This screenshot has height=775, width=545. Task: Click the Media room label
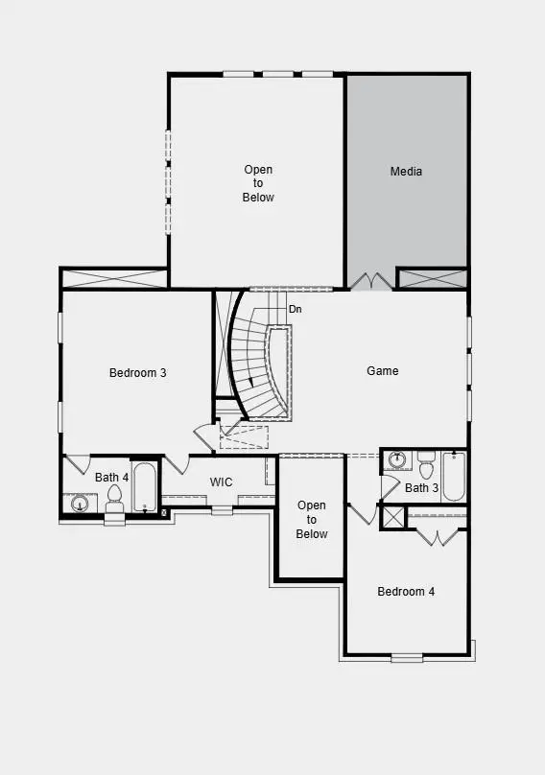click(406, 172)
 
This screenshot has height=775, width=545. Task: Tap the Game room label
click(383, 371)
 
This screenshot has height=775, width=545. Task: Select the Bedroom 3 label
click(138, 373)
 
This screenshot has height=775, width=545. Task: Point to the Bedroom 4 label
click(406, 592)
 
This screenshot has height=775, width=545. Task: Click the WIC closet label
click(222, 481)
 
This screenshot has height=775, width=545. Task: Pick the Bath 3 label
click(421, 488)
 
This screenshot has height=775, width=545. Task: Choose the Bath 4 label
click(111, 477)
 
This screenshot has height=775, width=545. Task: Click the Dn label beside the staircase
click(296, 310)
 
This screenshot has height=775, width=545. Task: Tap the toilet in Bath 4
click(115, 497)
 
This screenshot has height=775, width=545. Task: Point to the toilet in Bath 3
click(426, 465)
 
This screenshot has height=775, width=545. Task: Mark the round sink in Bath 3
click(396, 460)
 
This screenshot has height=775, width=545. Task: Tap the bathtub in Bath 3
click(454, 475)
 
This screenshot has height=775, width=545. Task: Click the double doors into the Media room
click(370, 281)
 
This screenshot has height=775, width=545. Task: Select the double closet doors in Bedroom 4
click(437, 536)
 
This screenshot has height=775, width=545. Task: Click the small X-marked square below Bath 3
click(392, 517)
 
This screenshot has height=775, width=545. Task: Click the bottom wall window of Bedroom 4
click(406, 658)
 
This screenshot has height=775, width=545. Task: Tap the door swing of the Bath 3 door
click(389, 487)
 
